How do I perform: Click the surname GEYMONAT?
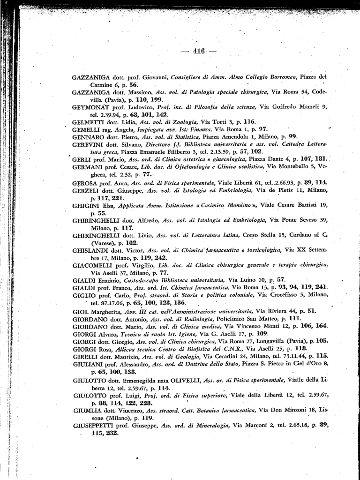pyautogui.click(x=90, y=107)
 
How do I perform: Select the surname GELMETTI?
pyautogui.click(x=89, y=121)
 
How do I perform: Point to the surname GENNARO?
pyautogui.click(x=89, y=137)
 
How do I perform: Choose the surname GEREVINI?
pyautogui.click(x=90, y=144)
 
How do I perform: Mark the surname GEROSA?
pyautogui.click(x=86, y=182)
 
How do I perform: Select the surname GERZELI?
pyautogui.click(x=87, y=190)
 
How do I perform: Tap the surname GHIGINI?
pyautogui.click(x=86, y=205)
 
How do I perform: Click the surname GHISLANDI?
pyautogui.click(x=92, y=250)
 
